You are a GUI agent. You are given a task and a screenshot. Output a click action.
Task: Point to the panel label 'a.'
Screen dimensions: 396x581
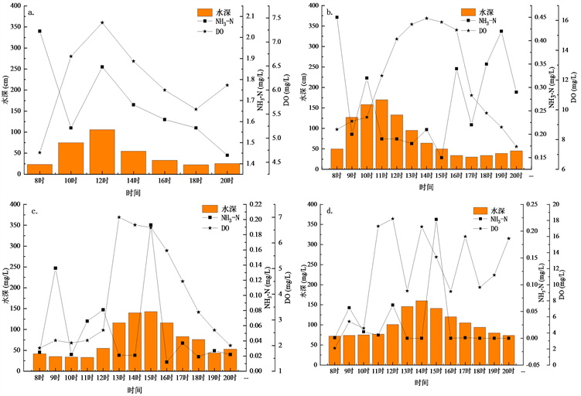point(31,12)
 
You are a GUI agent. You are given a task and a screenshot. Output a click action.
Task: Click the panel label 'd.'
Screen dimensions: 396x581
point(330,210)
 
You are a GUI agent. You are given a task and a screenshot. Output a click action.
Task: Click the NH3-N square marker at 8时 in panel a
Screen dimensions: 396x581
point(39,31)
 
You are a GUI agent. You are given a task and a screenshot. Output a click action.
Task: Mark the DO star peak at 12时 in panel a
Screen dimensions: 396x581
point(102,22)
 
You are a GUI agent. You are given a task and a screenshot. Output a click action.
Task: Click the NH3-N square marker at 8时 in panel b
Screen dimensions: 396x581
point(337,17)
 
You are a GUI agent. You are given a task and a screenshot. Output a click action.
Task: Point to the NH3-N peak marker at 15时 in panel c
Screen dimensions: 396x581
point(151,225)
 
